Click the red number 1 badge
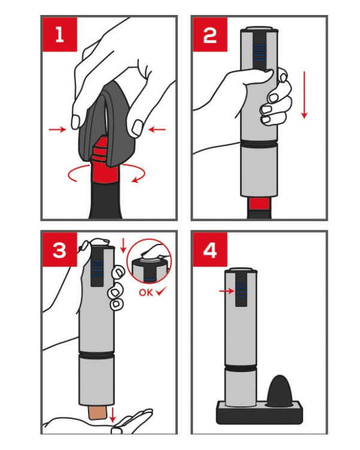[60, 35]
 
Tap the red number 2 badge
[210, 35]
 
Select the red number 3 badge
[60, 250]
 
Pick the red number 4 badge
[210, 250]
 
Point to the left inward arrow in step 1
[58, 130]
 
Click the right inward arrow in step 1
[157, 130]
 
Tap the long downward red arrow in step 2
[304, 95]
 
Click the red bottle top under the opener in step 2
[259, 204]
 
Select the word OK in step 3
[146, 292]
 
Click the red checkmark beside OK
[161, 292]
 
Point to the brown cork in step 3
[98, 413]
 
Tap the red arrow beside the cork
[113, 415]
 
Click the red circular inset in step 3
[149, 261]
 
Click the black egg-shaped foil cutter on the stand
[280, 391]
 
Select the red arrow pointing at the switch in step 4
[227, 291]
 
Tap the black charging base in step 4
[259, 413]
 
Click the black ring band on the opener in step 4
[241, 368]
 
